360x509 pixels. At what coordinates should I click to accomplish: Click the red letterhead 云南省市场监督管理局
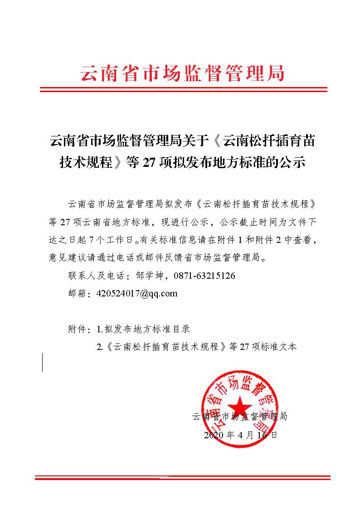click(x=182, y=72)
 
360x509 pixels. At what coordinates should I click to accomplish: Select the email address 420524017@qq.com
click(x=137, y=293)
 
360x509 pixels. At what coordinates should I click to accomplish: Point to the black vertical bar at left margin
click(x=43, y=362)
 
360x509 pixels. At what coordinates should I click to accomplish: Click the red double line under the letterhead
click(x=183, y=89)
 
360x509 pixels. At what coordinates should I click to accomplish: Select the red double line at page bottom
click(x=183, y=477)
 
